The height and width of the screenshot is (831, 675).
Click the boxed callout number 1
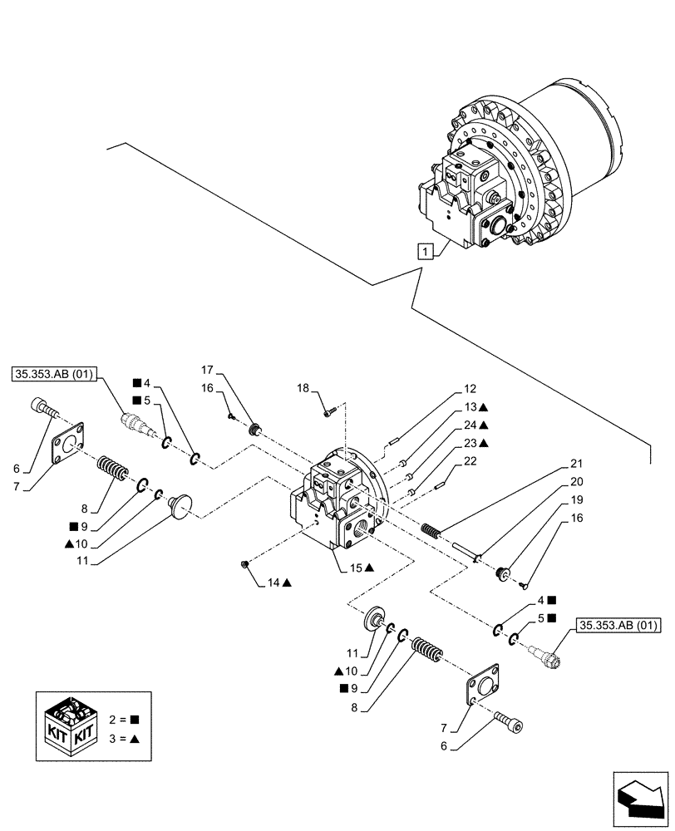point(425,250)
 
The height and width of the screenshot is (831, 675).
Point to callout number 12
point(470,389)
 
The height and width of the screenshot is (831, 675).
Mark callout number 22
point(470,460)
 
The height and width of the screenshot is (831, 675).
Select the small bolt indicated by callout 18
point(330,407)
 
